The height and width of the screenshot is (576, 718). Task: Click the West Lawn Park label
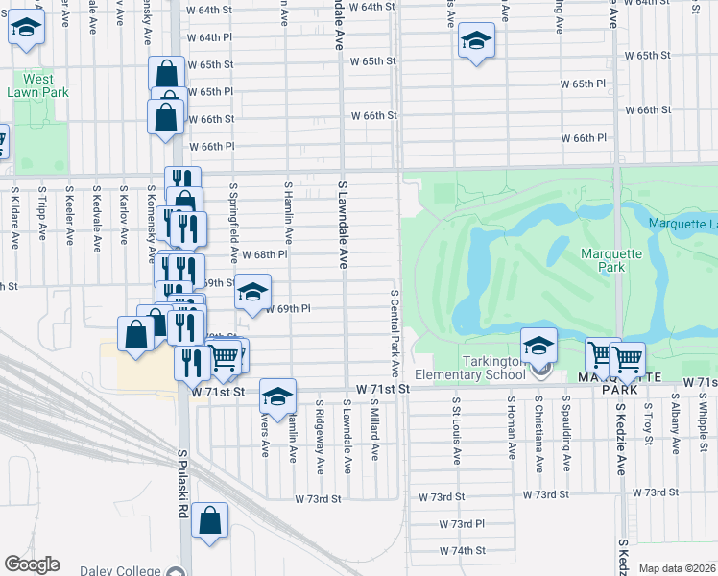[38, 85]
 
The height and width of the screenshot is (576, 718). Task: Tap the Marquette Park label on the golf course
[605, 260]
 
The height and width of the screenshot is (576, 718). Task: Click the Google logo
[32, 564]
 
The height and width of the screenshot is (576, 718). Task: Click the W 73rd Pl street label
[462, 524]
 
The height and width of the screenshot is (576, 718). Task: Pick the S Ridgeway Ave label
[320, 437]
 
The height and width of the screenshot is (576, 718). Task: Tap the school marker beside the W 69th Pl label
[251, 293]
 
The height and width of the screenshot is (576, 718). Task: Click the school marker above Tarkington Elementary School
[539, 347]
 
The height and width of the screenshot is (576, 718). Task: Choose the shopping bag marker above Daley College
[209, 521]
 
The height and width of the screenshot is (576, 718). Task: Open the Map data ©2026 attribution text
[678, 568]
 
